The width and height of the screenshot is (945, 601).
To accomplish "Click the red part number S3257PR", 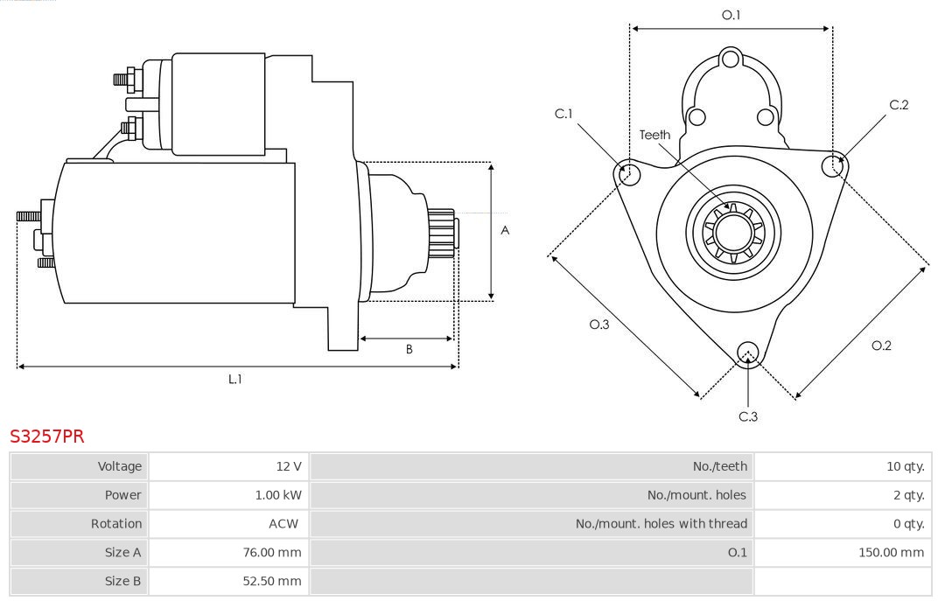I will [x=47, y=436].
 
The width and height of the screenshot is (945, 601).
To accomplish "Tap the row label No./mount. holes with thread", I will [x=661, y=524].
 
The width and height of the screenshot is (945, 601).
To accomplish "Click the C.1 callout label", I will [x=563, y=114].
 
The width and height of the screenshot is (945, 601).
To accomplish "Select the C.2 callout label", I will [x=899, y=105].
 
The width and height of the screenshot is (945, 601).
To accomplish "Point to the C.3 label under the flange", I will [x=748, y=416].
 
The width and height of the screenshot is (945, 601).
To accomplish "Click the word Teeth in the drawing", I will [x=654, y=135].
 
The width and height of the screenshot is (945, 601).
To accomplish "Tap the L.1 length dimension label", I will [x=235, y=379].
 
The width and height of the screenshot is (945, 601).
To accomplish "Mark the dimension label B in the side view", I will [x=409, y=349].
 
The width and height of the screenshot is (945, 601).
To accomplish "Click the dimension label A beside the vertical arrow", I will [x=505, y=231].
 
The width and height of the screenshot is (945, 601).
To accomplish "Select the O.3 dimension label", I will [x=598, y=324].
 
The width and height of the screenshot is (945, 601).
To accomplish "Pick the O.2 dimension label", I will [x=881, y=346].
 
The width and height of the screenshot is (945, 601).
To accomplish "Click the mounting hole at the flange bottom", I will [x=747, y=353].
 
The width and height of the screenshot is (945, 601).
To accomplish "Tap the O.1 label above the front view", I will [x=731, y=15].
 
